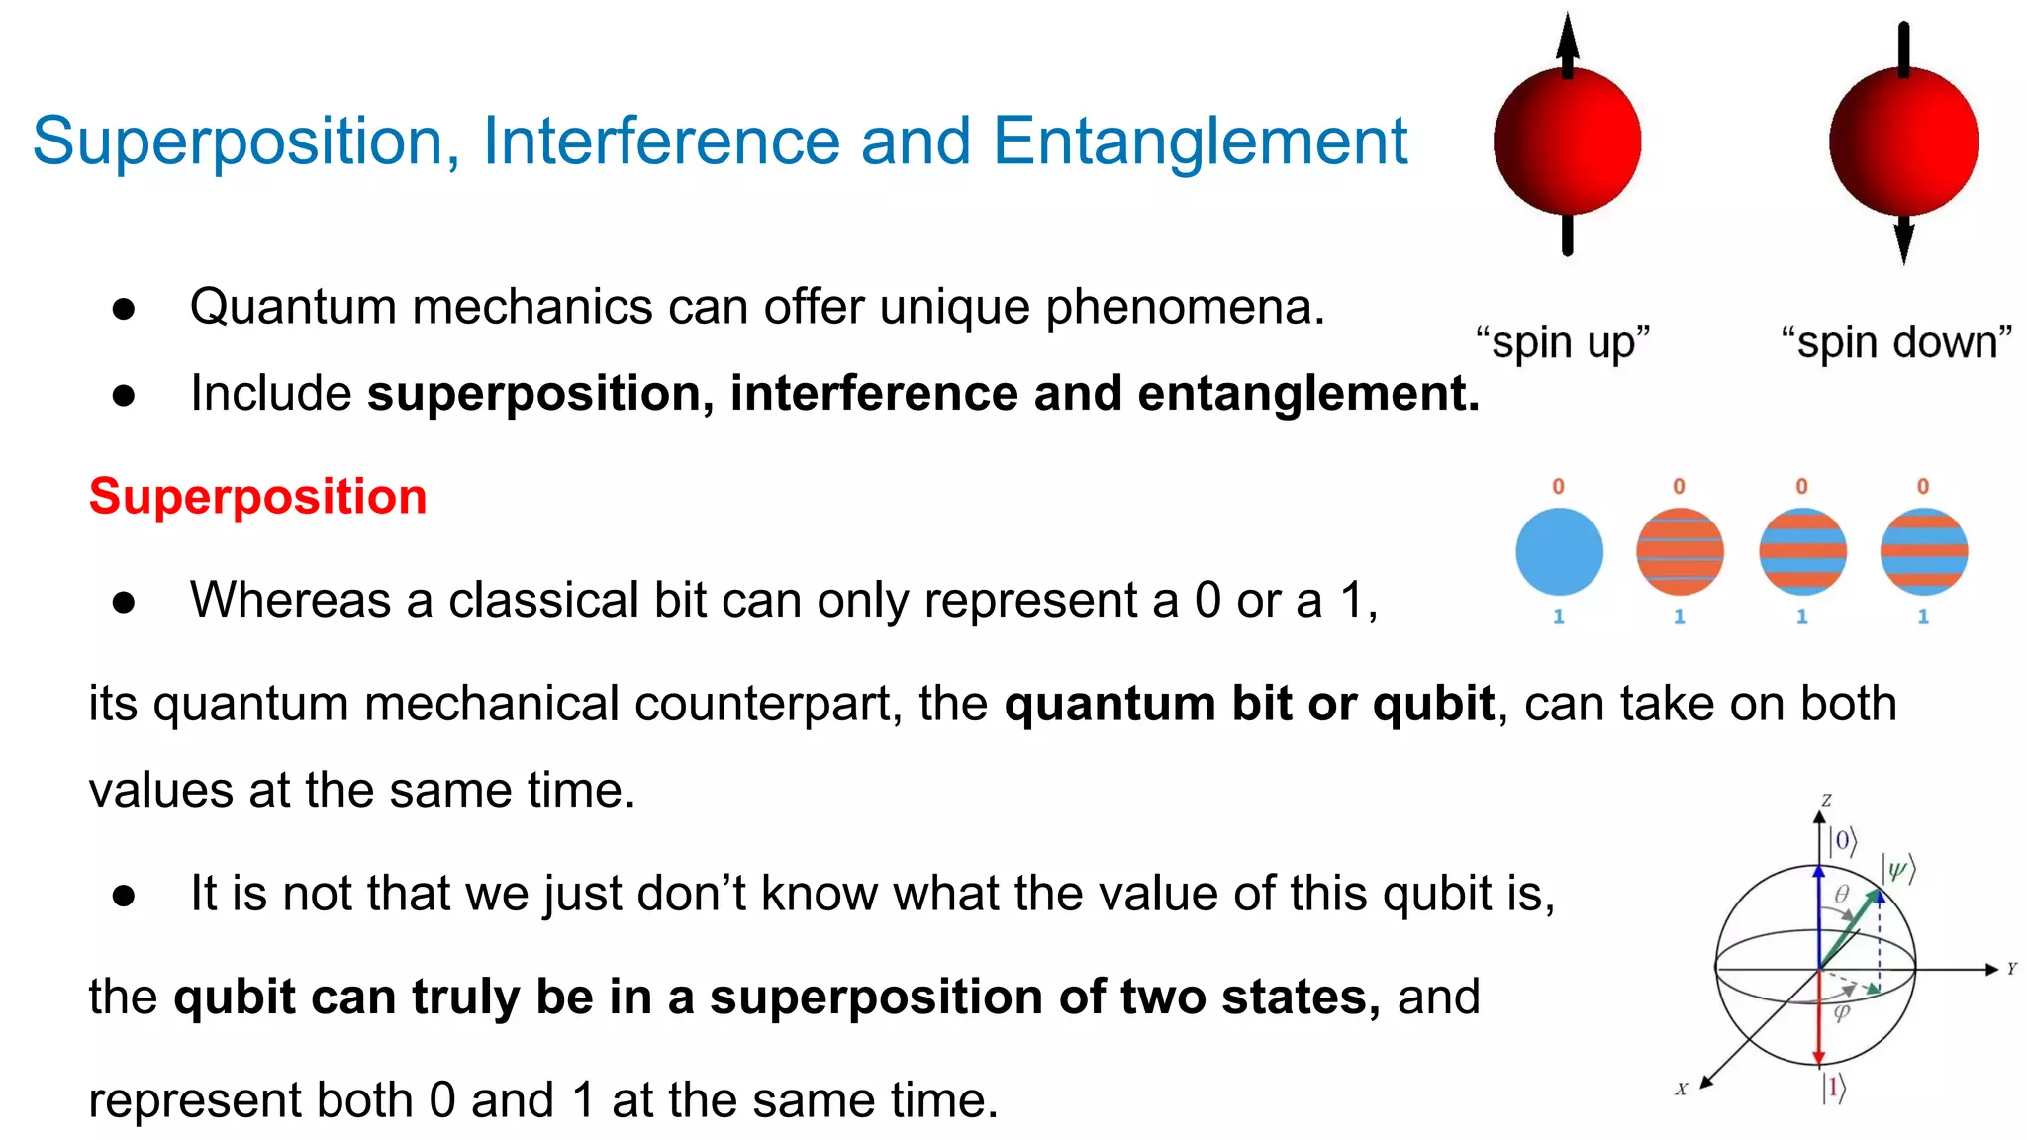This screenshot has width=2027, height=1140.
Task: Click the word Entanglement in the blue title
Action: pyautogui.click(x=1199, y=142)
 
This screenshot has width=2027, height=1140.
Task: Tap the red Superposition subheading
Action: pyautogui.click(x=257, y=496)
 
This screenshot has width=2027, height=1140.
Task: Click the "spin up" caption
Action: pyautogui.click(x=1563, y=342)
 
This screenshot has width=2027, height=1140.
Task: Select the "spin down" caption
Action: pyautogui.click(x=1896, y=342)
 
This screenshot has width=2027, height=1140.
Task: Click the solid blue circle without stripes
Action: pyautogui.click(x=1559, y=551)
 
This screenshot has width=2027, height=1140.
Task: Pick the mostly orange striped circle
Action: pyautogui.click(x=1680, y=551)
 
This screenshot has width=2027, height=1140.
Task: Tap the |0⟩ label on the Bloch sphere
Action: pyautogui.click(x=1842, y=842)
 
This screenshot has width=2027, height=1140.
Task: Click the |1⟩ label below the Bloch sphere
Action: pyautogui.click(x=1834, y=1088)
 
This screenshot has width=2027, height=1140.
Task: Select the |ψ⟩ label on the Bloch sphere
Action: pyautogui.click(x=1898, y=870)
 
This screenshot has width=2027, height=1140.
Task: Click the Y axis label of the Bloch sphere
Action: pyautogui.click(x=2012, y=969)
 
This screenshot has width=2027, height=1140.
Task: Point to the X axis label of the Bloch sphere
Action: pyautogui.click(x=1681, y=1089)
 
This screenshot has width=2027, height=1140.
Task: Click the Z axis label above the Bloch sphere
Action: pyautogui.click(x=1826, y=800)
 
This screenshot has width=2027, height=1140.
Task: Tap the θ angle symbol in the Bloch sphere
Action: pyautogui.click(x=1842, y=895)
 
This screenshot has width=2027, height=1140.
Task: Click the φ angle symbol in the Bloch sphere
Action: pyautogui.click(x=1841, y=1012)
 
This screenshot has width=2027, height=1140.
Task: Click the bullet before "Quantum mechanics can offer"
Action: pyautogui.click(x=124, y=309)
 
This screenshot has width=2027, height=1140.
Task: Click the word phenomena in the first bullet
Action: pyautogui.click(x=1184, y=307)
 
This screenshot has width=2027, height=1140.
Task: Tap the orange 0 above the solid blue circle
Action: pyautogui.click(x=1558, y=486)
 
